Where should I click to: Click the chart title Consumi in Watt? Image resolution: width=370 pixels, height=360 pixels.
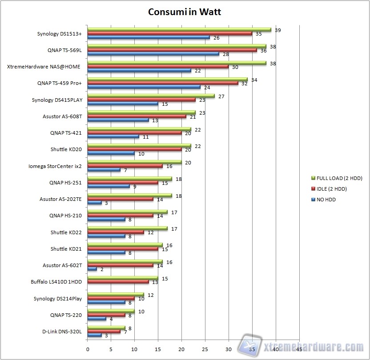(x=185, y=12)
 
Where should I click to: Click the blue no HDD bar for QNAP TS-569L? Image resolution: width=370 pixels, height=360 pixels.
(x=153, y=54)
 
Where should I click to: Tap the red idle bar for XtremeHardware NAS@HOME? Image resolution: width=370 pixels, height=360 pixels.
(x=158, y=67)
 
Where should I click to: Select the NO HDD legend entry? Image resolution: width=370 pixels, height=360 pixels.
(x=327, y=200)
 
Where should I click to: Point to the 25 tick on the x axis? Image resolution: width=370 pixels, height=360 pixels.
(x=205, y=349)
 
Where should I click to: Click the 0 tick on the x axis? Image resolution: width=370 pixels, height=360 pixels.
(x=88, y=349)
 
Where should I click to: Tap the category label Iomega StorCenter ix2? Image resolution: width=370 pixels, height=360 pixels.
(x=55, y=167)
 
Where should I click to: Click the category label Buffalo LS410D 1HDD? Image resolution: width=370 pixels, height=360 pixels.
(x=56, y=282)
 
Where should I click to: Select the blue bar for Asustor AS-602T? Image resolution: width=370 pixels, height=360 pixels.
(x=92, y=269)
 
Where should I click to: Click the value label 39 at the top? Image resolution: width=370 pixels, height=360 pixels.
(x=277, y=30)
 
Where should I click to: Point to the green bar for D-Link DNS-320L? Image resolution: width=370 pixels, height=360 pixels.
(x=106, y=328)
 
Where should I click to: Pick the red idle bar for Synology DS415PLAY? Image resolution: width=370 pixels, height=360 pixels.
(x=141, y=100)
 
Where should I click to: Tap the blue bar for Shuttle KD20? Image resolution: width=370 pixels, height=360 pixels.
(x=111, y=153)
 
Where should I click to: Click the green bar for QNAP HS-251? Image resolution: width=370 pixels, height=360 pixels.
(x=130, y=179)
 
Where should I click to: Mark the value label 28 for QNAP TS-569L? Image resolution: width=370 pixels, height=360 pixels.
(x=226, y=54)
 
